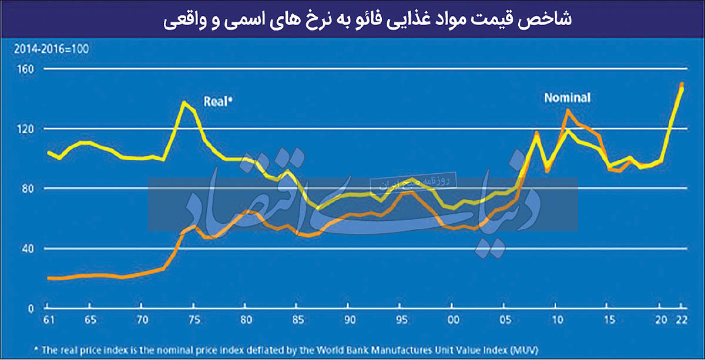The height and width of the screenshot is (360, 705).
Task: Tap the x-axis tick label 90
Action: pyautogui.click(x=349, y=321)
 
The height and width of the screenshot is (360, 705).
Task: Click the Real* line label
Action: pyautogui.click(x=218, y=100)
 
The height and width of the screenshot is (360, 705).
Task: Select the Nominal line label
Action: pyautogui.click(x=567, y=98)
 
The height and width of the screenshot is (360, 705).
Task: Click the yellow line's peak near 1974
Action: pyautogui.click(x=184, y=102)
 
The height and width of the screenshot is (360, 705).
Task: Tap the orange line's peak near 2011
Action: pyautogui.click(x=568, y=110)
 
